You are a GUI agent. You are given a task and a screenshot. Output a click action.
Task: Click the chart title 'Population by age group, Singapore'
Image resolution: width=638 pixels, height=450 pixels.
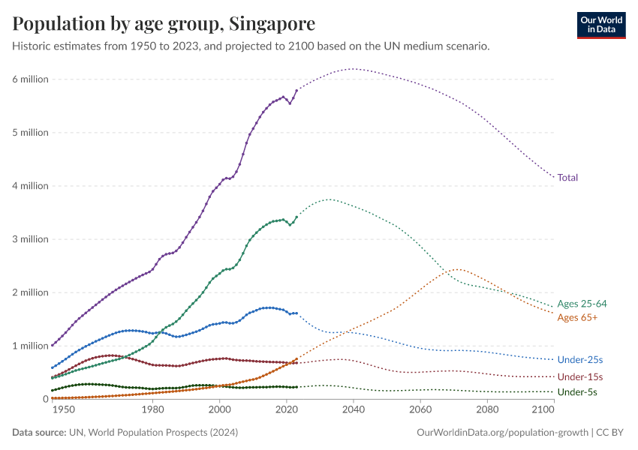164,23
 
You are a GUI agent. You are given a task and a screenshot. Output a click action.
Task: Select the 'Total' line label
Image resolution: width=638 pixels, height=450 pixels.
567,178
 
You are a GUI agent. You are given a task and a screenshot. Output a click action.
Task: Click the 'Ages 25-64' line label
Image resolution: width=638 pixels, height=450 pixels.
582,304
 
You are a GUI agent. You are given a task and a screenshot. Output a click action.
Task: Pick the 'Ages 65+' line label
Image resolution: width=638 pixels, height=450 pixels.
577,318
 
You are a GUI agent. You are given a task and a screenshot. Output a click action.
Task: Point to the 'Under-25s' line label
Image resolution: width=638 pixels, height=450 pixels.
580,361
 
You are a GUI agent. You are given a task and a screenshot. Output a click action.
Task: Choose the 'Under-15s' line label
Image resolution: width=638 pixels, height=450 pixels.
580,376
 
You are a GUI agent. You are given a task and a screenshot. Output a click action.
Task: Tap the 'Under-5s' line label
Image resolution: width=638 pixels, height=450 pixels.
577,392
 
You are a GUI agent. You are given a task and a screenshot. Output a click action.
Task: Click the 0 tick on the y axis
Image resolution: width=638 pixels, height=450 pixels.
45,399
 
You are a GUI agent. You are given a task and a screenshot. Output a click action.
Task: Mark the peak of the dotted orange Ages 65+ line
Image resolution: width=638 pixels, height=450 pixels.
459,269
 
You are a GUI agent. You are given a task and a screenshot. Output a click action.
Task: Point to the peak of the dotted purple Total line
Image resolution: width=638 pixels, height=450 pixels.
353,69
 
